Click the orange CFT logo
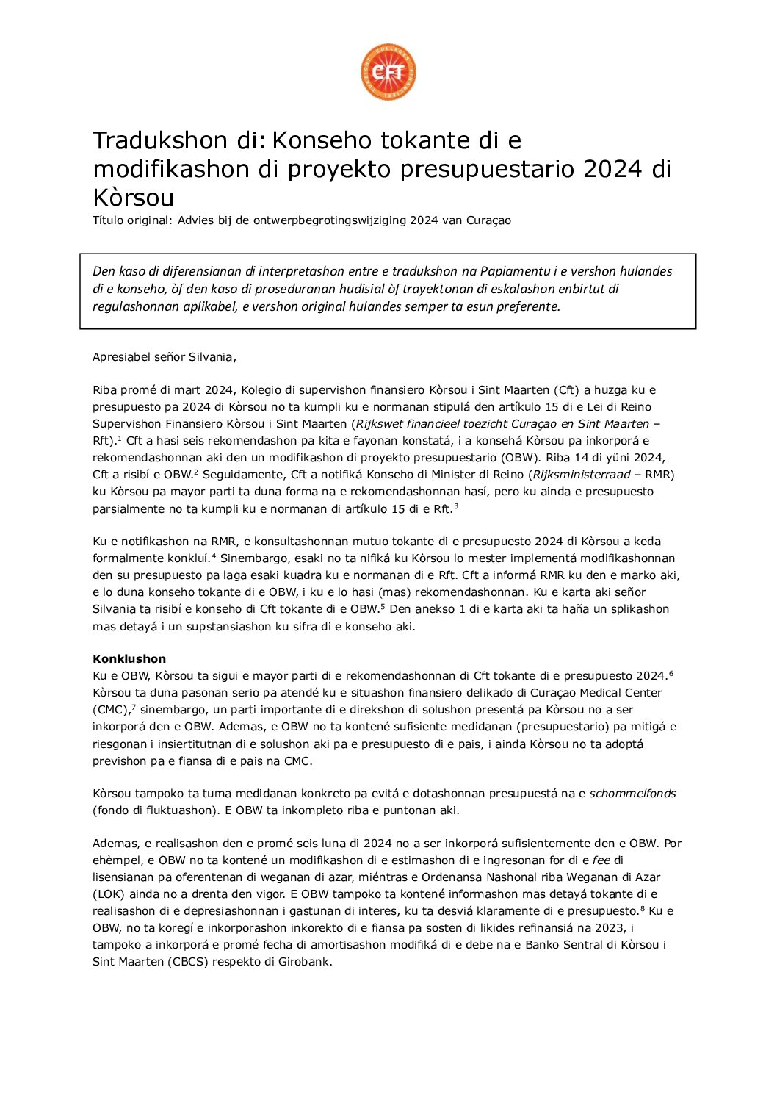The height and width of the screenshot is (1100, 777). pos(388,72)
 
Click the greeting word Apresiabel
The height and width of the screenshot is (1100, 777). pos(121,357)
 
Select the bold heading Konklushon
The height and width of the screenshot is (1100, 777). pos(129,658)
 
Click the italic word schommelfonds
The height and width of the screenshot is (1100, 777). pos(632,794)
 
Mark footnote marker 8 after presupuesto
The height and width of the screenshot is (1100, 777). pos(643,909)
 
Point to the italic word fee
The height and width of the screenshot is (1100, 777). pos(601,860)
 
